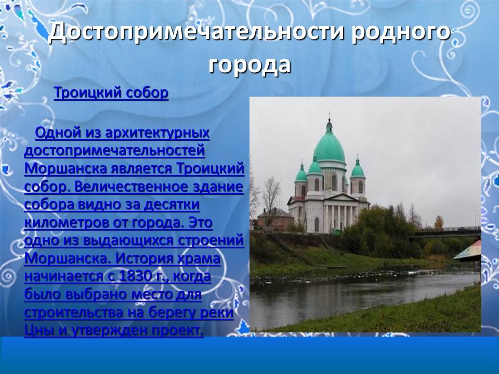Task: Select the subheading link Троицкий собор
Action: click(111, 93)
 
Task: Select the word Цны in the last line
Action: click(37, 330)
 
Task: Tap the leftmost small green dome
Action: click(301, 174)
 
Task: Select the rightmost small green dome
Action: click(357, 170)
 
